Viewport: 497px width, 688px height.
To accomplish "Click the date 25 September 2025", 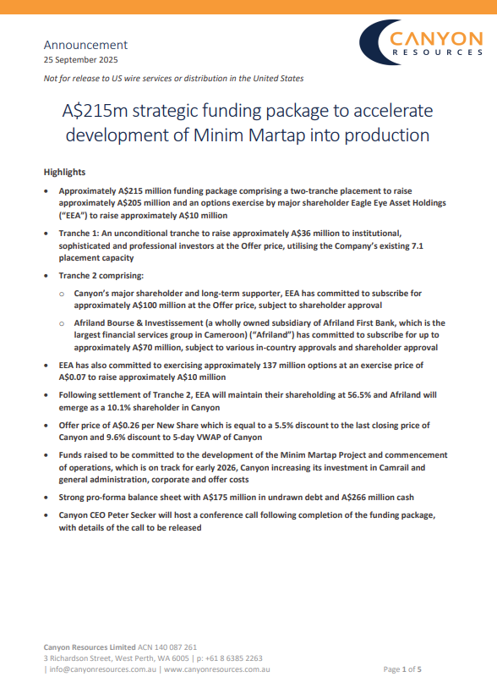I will point(80,60).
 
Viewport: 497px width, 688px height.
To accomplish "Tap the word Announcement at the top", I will point(85,45).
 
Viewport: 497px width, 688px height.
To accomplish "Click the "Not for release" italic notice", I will point(173,78).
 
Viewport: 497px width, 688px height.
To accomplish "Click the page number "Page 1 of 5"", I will point(402,669).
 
